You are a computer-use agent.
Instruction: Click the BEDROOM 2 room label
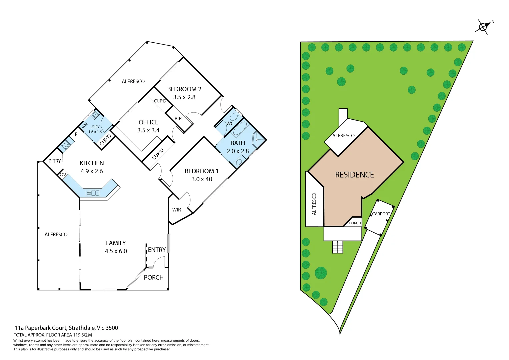(x=184, y=89)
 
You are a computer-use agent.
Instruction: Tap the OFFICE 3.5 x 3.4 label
(x=148, y=126)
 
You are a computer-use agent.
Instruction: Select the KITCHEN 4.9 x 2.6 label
(x=92, y=167)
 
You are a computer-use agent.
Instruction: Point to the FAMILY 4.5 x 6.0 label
(x=116, y=247)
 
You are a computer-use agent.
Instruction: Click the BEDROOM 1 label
(x=201, y=171)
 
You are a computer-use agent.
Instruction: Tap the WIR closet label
(x=177, y=210)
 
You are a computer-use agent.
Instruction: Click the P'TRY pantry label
(x=55, y=161)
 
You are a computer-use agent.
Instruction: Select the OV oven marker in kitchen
(x=63, y=174)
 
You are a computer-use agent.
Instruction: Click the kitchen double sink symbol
(x=93, y=193)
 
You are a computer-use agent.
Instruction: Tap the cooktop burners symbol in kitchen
(x=66, y=145)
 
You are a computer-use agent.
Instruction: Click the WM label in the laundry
(x=85, y=125)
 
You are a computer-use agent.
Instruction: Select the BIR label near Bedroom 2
(x=178, y=119)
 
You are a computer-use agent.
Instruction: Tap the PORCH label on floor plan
(x=154, y=277)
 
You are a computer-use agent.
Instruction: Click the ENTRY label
(x=157, y=250)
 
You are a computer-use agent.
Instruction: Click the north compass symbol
(x=483, y=27)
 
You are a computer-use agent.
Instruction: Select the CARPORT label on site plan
(x=381, y=214)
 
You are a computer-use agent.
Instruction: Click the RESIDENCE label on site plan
(x=354, y=175)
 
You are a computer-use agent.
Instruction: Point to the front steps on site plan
(x=337, y=247)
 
